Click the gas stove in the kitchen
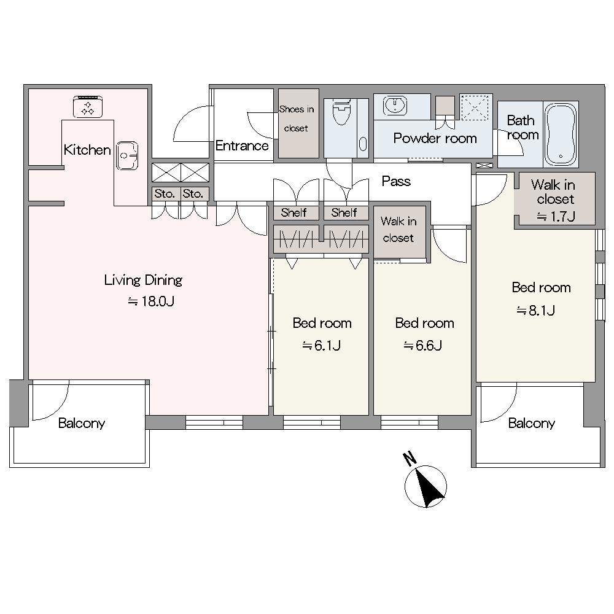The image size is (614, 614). coord(88,106)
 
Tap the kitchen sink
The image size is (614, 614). coord(127,155)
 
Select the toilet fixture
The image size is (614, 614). coord(341,112)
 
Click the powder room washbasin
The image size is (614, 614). coord(395,106)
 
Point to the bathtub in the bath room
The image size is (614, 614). coord(561,134)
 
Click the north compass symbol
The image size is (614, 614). coord(426,487)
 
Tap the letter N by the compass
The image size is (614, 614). coord(409,459)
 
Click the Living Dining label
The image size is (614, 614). coord(143,281)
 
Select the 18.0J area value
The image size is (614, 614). coord(151,301)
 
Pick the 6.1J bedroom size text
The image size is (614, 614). coord(322,345)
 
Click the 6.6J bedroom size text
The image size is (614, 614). coord(423,345)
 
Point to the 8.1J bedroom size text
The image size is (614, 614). coord(535,311)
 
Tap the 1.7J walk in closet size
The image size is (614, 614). coord(556,217)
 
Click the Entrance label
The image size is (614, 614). coord(242,146)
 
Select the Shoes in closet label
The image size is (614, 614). coord(297,119)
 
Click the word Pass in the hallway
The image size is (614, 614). coord(396,181)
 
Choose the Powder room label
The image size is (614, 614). coord(435,138)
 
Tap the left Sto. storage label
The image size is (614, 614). coord(165,193)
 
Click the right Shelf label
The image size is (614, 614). coord(344,212)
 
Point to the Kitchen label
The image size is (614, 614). coord(87,150)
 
